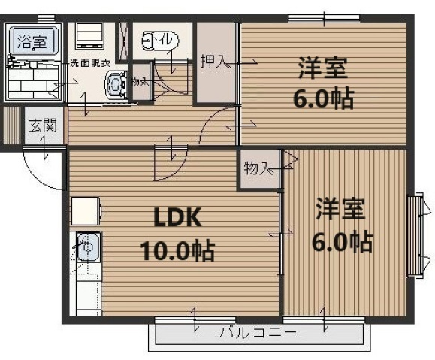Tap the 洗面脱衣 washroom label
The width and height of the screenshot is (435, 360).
[90, 63]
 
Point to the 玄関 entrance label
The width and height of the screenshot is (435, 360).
[41, 126]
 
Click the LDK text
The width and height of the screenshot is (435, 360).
[177, 218]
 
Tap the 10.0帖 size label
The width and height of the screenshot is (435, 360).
[177, 249]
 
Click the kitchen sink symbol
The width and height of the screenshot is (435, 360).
[85, 247]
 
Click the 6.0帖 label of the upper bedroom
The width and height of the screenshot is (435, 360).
[322, 98]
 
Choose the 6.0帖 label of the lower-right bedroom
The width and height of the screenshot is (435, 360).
[342, 241]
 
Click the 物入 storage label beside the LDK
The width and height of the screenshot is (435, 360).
[257, 168]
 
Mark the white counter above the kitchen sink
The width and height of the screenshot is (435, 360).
[86, 211]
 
